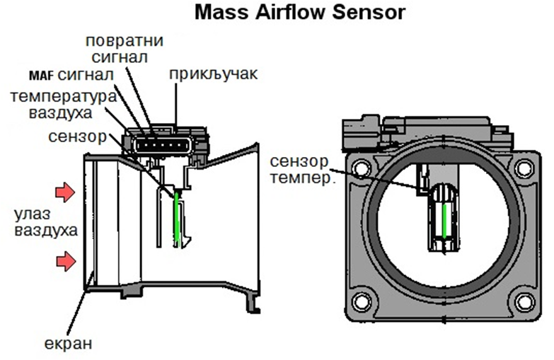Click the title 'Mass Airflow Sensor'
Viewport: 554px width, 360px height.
(x=299, y=12)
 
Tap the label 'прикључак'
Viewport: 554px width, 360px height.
(x=214, y=74)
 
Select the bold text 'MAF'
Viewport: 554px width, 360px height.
(x=41, y=76)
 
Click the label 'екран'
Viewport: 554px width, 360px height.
(x=68, y=344)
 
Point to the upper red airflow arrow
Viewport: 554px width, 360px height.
(x=65, y=192)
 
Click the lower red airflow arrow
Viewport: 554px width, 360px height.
(x=66, y=262)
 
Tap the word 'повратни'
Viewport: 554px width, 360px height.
(x=125, y=41)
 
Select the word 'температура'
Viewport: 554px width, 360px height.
(x=63, y=97)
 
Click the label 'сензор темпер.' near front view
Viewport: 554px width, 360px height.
(x=301, y=170)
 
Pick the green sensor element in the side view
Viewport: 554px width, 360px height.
(x=177, y=219)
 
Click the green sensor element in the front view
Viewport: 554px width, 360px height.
(x=444, y=220)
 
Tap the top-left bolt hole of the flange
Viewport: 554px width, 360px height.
(x=362, y=168)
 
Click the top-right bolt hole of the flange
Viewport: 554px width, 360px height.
(x=524, y=168)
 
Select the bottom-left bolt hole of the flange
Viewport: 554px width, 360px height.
(x=362, y=302)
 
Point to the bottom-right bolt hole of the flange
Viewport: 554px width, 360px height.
(x=524, y=302)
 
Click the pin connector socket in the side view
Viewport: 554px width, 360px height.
(x=163, y=145)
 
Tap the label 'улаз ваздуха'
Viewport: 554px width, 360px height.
(x=46, y=223)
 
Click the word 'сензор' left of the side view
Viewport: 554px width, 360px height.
(x=77, y=137)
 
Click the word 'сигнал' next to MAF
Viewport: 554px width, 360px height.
(x=86, y=75)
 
